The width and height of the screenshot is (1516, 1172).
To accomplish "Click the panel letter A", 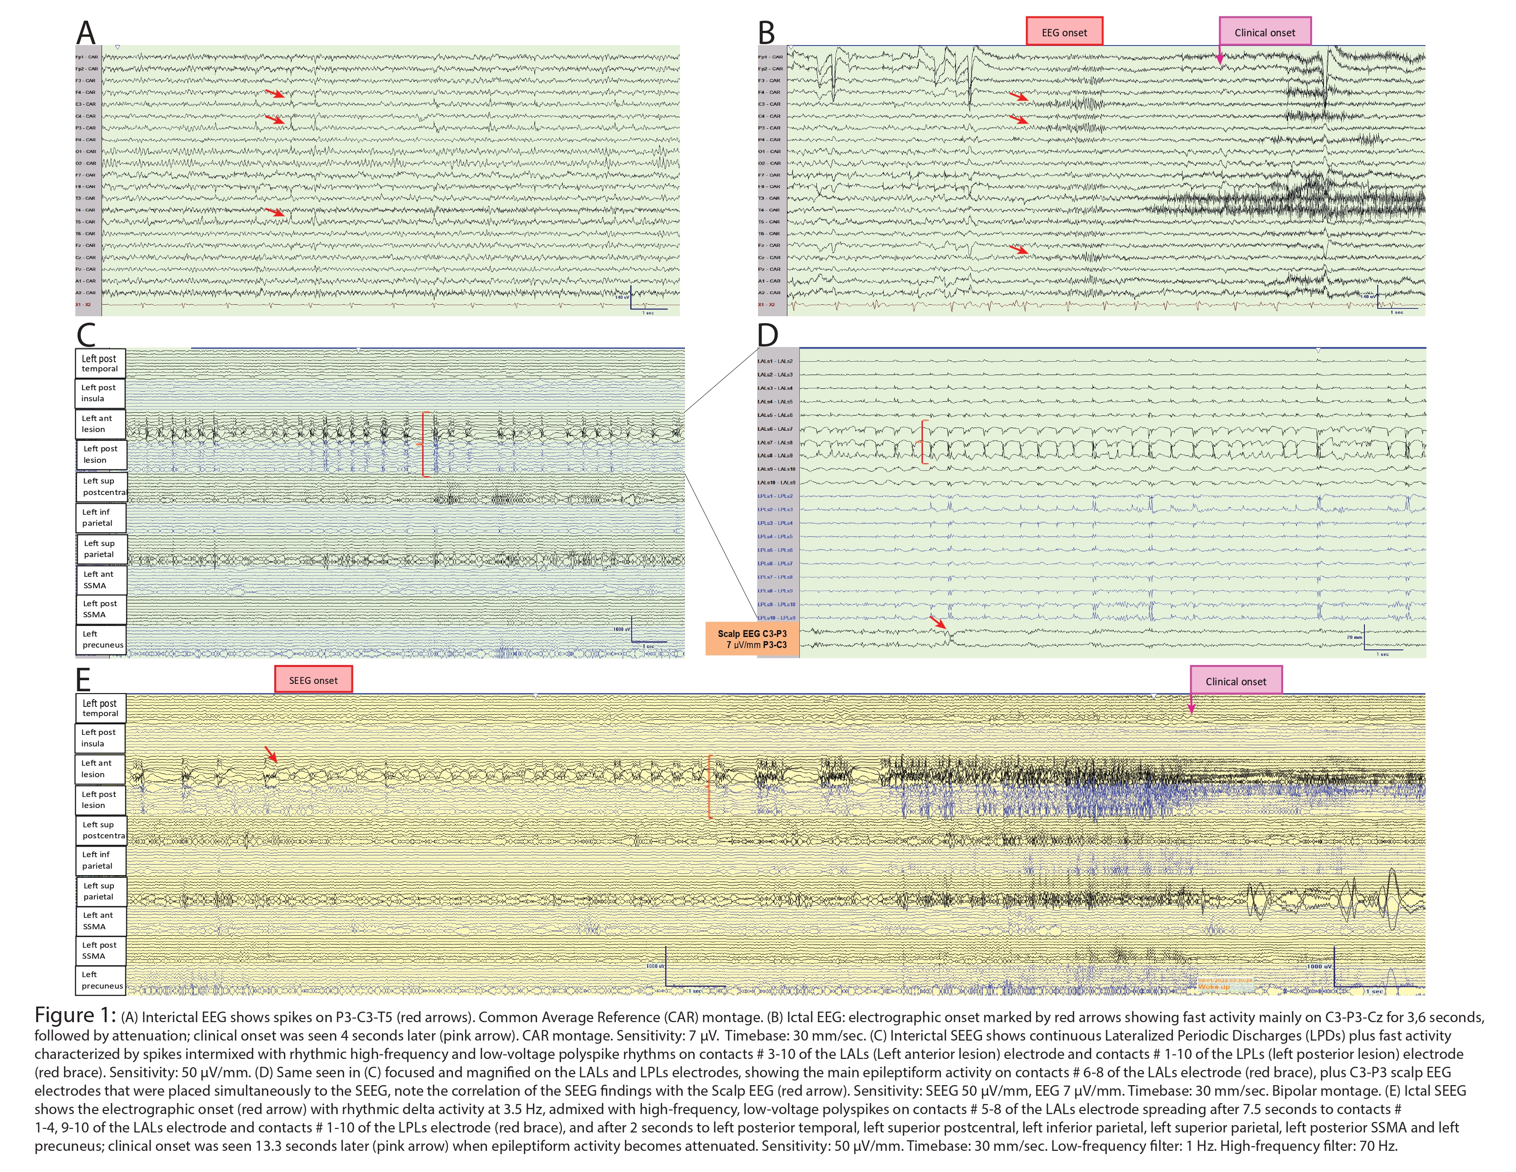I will click(85, 33).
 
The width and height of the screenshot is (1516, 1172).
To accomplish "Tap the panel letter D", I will click(767, 336).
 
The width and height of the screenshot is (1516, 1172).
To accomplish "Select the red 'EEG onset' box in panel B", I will click(1064, 32).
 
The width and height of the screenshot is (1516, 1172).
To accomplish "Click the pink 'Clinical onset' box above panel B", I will click(1265, 32).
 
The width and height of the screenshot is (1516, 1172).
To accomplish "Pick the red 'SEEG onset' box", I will click(313, 680).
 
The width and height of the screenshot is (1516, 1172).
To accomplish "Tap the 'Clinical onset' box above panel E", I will click(1236, 681).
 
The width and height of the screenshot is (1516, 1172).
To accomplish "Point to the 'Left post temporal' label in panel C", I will click(100, 363).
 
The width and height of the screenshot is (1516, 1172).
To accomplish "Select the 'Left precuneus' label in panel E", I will click(101, 980).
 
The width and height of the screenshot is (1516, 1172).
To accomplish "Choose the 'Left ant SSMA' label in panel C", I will click(101, 579).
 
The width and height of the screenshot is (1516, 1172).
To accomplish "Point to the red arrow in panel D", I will click(939, 622).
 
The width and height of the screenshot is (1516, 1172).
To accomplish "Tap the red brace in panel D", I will click(923, 442).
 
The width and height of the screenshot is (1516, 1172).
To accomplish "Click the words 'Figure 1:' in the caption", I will click(75, 1015).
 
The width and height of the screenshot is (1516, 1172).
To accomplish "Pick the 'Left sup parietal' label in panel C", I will click(101, 548).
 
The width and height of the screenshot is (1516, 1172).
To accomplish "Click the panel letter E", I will click(83, 679).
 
